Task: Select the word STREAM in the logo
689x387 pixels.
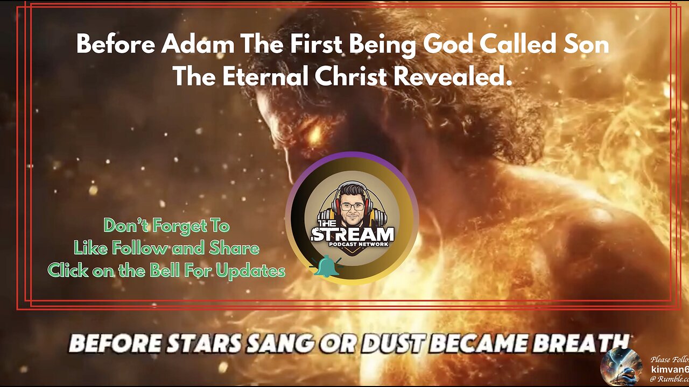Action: tap(353, 235)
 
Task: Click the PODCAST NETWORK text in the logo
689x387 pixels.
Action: tap(353, 245)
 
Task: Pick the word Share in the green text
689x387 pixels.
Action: tap(235, 248)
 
